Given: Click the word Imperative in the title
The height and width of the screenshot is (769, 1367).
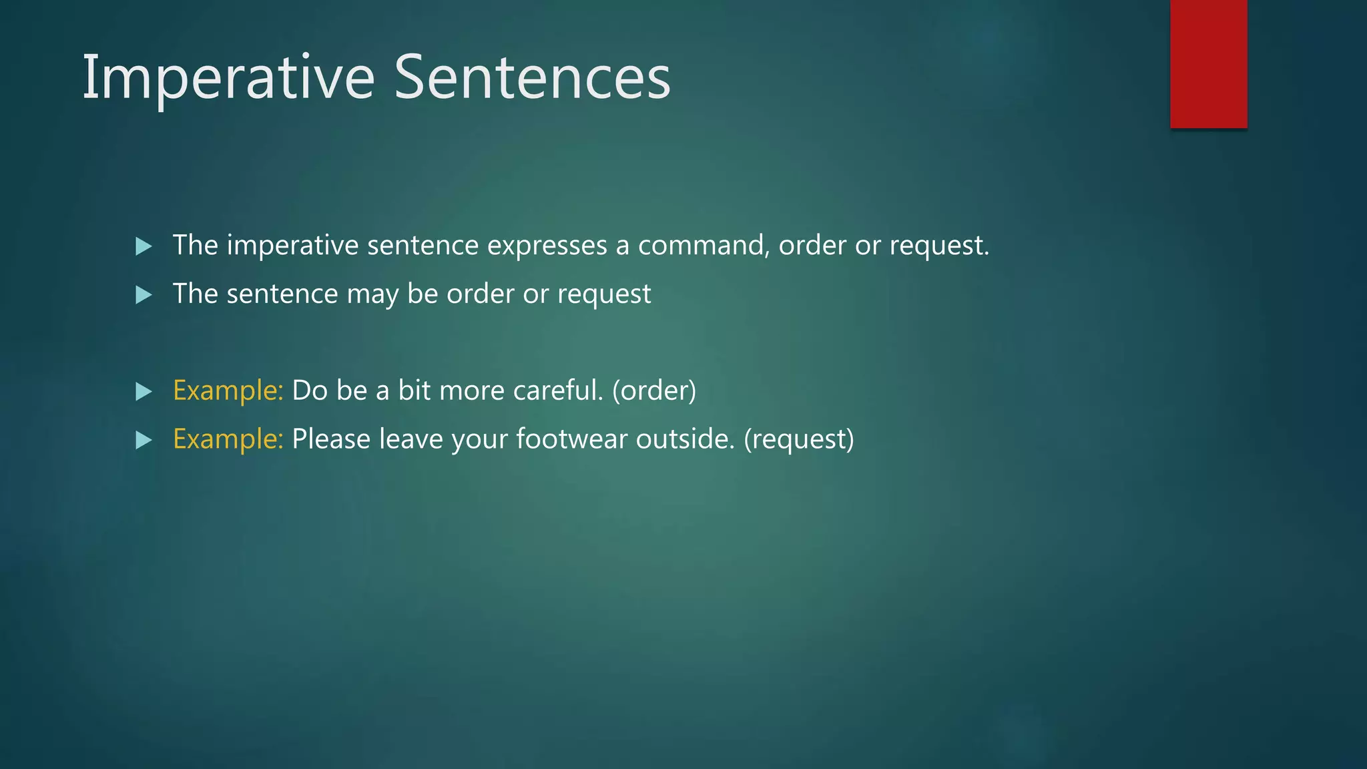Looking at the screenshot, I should pyautogui.click(x=228, y=79).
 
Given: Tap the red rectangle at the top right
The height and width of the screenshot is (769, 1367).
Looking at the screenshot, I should pyautogui.click(x=1208, y=63).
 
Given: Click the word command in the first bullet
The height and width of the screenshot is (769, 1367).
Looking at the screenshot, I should pyautogui.click(x=701, y=246).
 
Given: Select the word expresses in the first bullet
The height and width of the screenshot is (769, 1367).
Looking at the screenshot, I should pyautogui.click(x=547, y=246).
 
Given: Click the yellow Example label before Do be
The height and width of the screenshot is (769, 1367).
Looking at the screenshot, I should pyautogui.click(x=228, y=391).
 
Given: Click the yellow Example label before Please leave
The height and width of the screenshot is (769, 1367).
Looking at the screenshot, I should pyautogui.click(x=228, y=439).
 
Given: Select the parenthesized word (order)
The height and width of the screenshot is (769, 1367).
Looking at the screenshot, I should pyautogui.click(x=653, y=391).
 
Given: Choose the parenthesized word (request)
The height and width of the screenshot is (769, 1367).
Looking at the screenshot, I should pyautogui.click(x=798, y=439).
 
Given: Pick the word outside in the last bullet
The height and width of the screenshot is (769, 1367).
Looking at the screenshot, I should pyautogui.click(x=684, y=439).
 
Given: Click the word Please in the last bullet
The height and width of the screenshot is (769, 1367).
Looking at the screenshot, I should pyautogui.click(x=331, y=439).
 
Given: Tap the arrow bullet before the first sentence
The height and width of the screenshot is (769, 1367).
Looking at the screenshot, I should pyautogui.click(x=144, y=246).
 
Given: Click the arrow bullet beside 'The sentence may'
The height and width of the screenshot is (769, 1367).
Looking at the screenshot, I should pyautogui.click(x=144, y=295).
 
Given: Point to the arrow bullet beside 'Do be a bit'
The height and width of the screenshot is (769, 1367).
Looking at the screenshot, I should pyautogui.click(x=144, y=391).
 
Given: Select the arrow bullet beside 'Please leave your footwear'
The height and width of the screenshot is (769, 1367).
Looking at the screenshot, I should pyautogui.click(x=144, y=440).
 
